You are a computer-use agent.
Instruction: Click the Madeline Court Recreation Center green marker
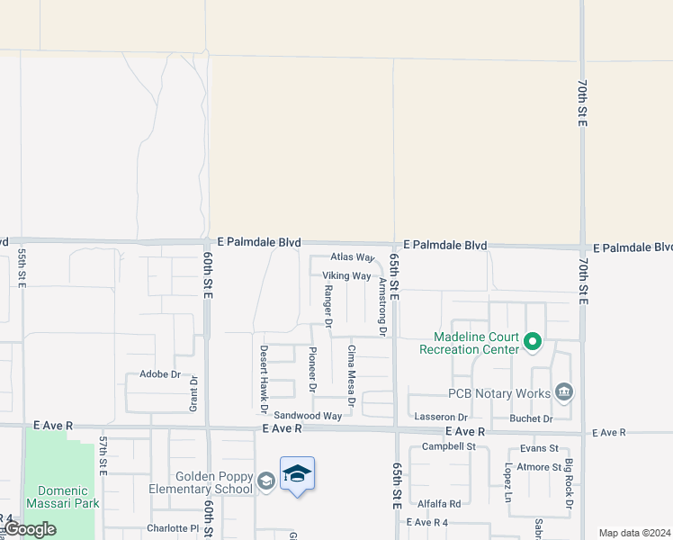tap(532, 341)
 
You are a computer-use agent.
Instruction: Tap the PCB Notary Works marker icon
tap(564, 392)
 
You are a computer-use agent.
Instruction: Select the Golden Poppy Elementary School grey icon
tap(266, 481)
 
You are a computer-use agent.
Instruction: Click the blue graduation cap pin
tap(297, 474)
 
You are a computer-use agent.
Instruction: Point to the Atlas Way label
tap(352, 257)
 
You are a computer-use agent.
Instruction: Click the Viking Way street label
tap(346, 276)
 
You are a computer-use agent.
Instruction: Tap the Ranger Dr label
tap(328, 306)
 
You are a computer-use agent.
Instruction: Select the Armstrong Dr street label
tap(382, 307)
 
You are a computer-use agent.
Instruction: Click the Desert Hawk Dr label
tap(264, 373)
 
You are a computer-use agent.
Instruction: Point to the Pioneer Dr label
tap(312, 370)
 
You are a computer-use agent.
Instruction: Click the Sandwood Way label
tap(308, 416)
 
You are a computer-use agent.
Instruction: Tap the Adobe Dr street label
tap(160, 373)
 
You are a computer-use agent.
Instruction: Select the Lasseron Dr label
tap(441, 418)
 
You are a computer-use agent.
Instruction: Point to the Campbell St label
tap(448, 446)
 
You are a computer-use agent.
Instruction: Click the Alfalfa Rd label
tap(438, 504)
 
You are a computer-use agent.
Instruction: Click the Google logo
tap(30, 529)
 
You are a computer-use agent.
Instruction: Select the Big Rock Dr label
tap(570, 487)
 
